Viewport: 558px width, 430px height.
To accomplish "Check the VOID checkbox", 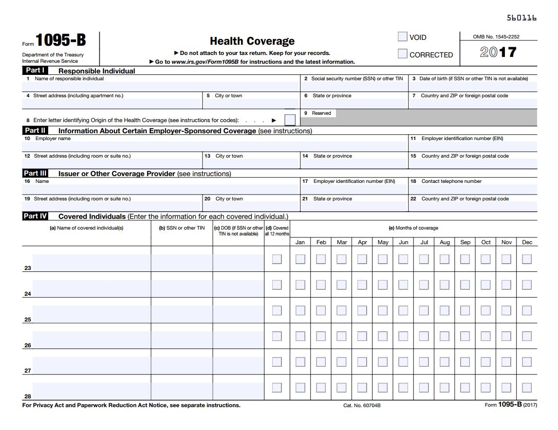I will click(x=402, y=37).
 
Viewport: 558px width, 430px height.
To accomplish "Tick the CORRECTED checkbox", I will click(x=402, y=54).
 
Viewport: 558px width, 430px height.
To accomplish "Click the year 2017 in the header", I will click(x=498, y=53).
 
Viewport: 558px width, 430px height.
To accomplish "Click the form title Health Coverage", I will click(x=252, y=41).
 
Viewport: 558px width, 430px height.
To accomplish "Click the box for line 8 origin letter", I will click(x=290, y=120).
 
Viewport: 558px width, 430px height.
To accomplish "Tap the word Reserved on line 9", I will click(x=321, y=113).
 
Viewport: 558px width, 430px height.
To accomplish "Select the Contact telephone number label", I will click(x=451, y=181).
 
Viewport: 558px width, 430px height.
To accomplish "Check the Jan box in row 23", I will click(x=300, y=259).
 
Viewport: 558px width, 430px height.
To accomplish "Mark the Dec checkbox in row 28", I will click(x=527, y=387).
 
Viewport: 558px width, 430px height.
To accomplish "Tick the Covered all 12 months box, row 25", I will click(x=277, y=310).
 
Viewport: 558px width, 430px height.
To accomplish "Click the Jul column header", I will click(x=424, y=242).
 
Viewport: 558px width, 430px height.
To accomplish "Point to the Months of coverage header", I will click(x=413, y=228).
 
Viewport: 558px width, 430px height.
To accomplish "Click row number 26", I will click(x=28, y=345).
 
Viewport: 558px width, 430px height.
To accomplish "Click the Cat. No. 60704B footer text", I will click(x=362, y=405).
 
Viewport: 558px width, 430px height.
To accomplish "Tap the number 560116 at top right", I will click(x=521, y=18).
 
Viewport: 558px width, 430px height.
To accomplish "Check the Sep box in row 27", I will click(x=465, y=362).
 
